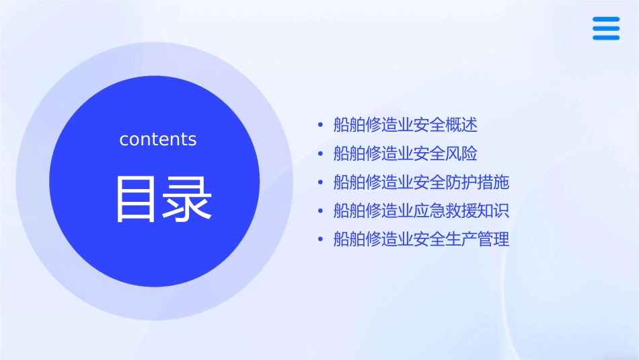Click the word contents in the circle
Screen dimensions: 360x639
coord(158,139)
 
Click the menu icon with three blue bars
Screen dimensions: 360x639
coord(605,29)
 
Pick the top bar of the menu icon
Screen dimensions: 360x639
coord(605,20)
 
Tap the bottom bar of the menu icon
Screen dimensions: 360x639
coord(605,38)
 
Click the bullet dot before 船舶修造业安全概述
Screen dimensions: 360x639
coord(320,125)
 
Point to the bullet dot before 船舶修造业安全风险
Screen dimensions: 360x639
coord(320,153)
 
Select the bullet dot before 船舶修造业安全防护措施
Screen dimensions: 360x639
coord(320,182)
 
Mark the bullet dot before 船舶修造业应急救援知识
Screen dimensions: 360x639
coord(320,211)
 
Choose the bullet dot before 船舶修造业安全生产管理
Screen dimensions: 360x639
coord(320,239)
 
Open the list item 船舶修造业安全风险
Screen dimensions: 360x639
coord(405,153)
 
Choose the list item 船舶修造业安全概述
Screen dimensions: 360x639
coord(405,125)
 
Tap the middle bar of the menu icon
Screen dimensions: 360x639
coord(605,29)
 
